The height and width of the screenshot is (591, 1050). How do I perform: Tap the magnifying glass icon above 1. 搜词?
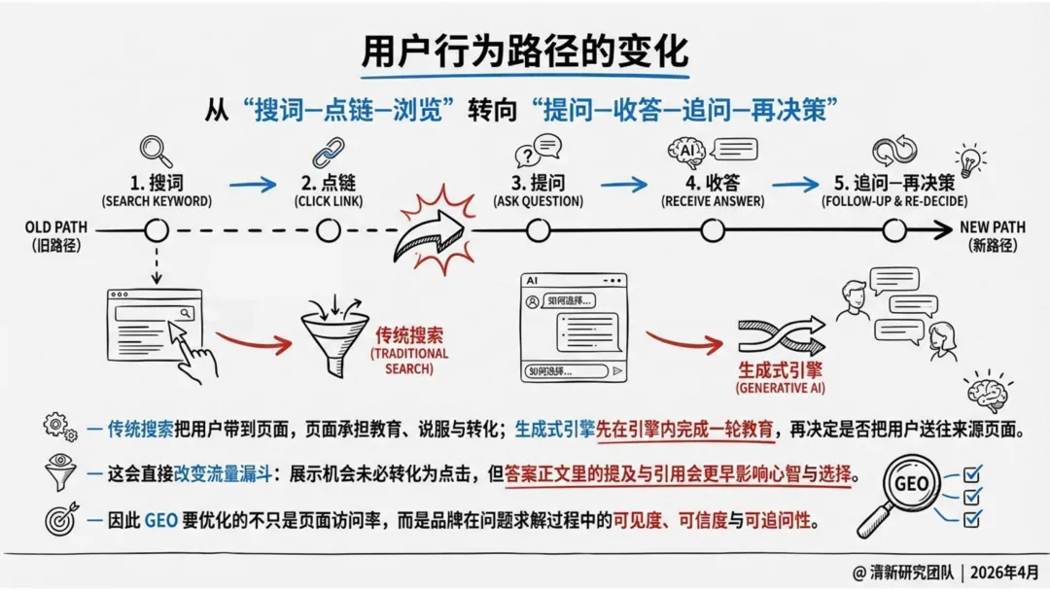[x=156, y=151]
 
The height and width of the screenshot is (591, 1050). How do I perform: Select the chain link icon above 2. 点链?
[x=328, y=153]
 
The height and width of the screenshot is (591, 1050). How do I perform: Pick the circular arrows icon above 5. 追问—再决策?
[x=894, y=152]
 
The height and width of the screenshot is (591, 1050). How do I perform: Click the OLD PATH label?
[x=56, y=228]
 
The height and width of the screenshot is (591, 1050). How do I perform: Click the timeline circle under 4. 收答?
[x=714, y=230]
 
